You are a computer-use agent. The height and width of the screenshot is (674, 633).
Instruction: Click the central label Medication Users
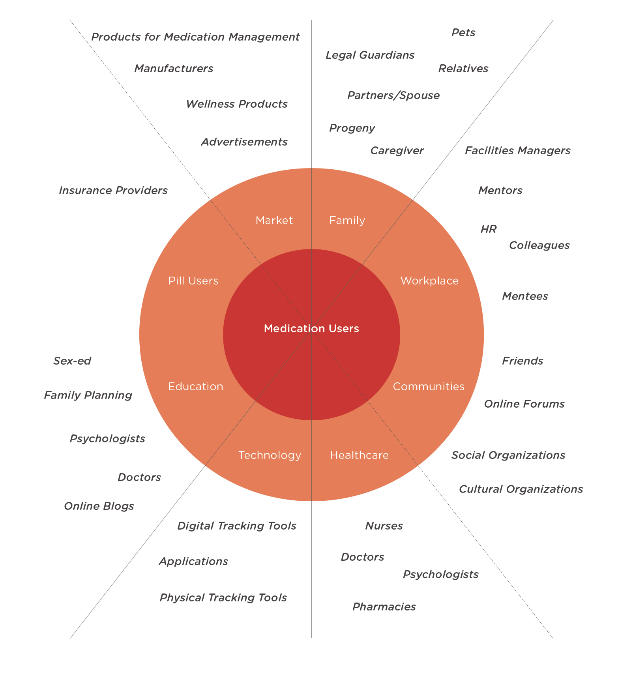coord(311,328)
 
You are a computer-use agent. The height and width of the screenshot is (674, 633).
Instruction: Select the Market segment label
coord(274,220)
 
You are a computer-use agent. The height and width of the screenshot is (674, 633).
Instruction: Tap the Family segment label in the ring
coord(347,220)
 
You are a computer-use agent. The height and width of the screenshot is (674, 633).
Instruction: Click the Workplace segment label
coord(429,281)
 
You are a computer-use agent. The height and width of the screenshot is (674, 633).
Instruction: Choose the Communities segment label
coord(429,386)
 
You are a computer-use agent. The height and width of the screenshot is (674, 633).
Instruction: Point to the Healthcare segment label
coord(359,455)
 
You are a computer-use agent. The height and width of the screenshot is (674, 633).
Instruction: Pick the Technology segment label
coord(270,455)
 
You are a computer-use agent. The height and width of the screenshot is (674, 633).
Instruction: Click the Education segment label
coord(195,386)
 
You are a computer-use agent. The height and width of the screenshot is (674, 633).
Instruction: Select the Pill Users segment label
coord(193,281)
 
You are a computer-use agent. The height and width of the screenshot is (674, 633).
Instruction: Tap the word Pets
coord(463,32)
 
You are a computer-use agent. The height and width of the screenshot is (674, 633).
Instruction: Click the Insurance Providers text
coord(113,190)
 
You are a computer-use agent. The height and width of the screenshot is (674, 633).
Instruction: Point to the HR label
coord(488,229)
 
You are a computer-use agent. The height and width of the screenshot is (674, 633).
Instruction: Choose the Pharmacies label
coord(384,607)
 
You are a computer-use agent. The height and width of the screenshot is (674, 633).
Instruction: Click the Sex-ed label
coord(72,361)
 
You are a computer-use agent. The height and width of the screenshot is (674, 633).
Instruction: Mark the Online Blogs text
coord(99,506)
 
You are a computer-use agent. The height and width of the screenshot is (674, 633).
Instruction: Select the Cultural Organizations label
coord(521,489)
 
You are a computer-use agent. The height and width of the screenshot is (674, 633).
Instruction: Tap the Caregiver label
coord(397,150)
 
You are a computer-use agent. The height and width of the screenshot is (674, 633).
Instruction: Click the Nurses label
coord(384,526)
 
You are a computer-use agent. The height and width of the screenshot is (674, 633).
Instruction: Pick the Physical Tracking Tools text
coord(223,597)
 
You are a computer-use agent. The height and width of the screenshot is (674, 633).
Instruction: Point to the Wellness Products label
coord(236,104)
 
